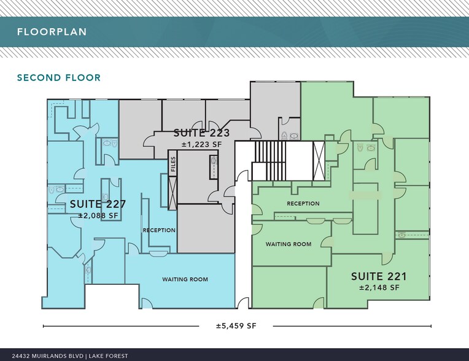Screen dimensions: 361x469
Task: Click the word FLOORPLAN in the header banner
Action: point(52,32)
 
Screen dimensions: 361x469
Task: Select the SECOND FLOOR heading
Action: point(58,78)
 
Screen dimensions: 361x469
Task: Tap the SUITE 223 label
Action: point(201,133)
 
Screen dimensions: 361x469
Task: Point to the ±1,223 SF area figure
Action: point(201,144)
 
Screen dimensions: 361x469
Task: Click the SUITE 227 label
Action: point(98,204)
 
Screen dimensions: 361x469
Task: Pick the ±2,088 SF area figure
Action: point(98,216)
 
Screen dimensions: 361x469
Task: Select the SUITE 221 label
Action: point(379,276)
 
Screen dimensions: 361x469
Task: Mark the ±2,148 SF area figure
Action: point(379,287)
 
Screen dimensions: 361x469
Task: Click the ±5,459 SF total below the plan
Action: point(236,326)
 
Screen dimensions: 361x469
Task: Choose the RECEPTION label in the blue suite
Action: point(159,230)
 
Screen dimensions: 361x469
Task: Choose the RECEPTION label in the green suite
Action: point(303,203)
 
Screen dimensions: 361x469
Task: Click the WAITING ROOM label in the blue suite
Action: point(185,279)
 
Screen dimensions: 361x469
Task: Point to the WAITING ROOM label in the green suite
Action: point(288,244)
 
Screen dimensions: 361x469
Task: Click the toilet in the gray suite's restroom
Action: point(284,136)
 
